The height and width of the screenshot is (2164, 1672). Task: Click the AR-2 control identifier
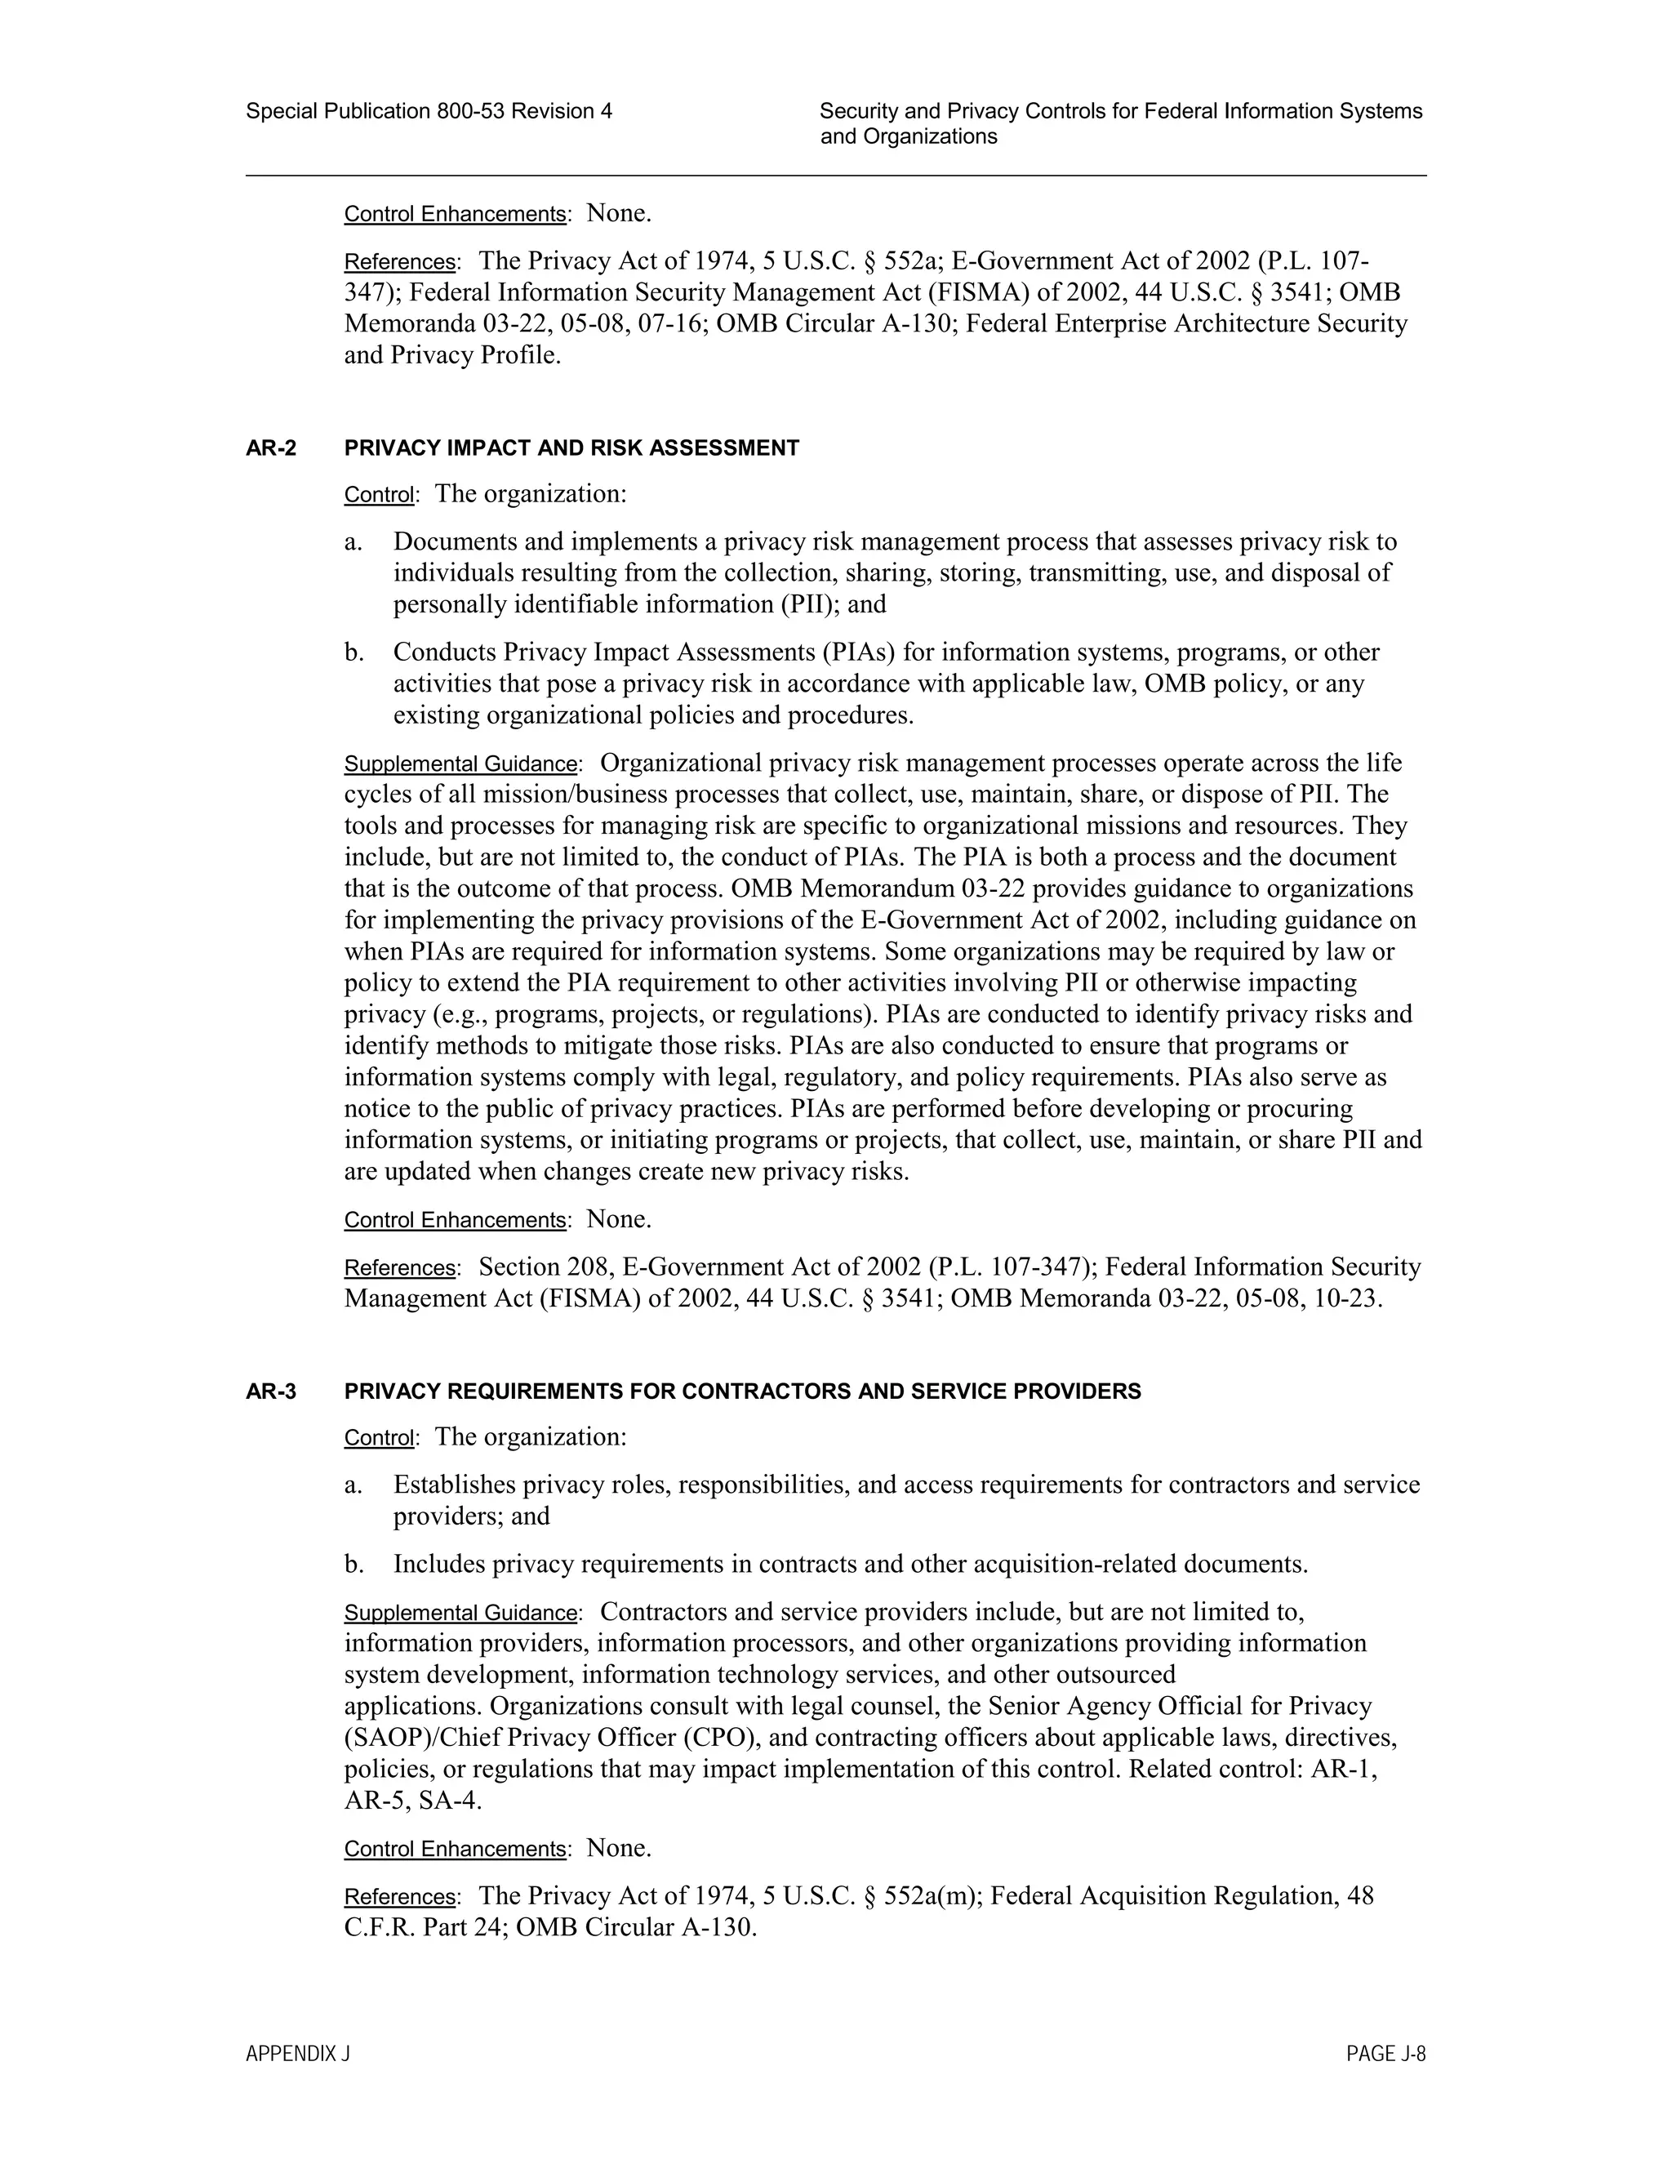pos(270,447)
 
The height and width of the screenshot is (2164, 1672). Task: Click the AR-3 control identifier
pos(270,1391)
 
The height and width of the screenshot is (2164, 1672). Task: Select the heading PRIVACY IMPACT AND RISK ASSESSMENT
pos(571,447)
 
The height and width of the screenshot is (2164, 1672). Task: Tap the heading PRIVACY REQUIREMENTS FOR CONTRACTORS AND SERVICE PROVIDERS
pos(742,1391)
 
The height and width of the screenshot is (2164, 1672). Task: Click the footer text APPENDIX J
pos(297,2054)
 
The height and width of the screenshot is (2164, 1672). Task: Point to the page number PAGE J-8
pos(1385,2054)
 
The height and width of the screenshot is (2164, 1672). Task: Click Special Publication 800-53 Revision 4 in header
pos(428,111)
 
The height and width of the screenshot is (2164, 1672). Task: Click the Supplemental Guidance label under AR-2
pos(460,764)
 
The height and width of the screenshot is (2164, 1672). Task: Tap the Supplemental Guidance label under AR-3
pos(460,1613)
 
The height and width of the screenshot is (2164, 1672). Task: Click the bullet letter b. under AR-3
pos(354,1565)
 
